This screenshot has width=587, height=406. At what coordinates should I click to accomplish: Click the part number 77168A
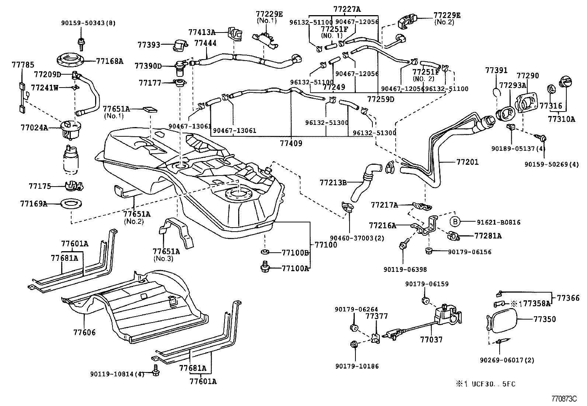[110, 61]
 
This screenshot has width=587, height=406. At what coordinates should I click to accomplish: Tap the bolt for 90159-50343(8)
[80, 43]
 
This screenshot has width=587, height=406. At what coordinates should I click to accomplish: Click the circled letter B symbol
[455, 222]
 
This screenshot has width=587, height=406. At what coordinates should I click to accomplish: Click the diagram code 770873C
[564, 399]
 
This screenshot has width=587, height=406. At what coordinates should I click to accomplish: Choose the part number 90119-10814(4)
[117, 374]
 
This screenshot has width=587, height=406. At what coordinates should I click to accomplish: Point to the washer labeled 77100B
[264, 252]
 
